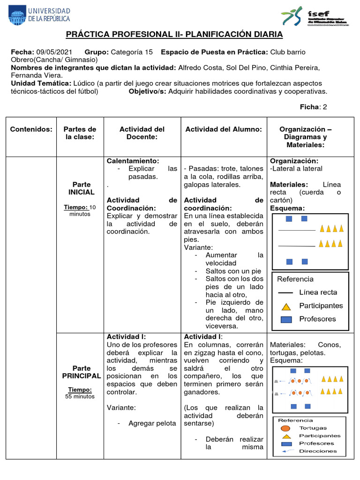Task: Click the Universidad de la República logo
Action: [39, 15]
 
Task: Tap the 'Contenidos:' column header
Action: [31, 129]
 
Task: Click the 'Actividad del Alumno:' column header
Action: [224, 129]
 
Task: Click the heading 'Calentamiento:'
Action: [133, 161]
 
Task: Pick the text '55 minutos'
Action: [80, 396]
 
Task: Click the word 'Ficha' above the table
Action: [309, 107]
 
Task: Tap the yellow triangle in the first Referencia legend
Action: [286, 307]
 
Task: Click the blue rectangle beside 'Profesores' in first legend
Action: [286, 319]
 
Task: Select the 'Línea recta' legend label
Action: [318, 292]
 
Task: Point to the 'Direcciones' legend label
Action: [317, 451]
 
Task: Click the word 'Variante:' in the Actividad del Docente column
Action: [121, 408]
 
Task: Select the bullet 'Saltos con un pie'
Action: [233, 271]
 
